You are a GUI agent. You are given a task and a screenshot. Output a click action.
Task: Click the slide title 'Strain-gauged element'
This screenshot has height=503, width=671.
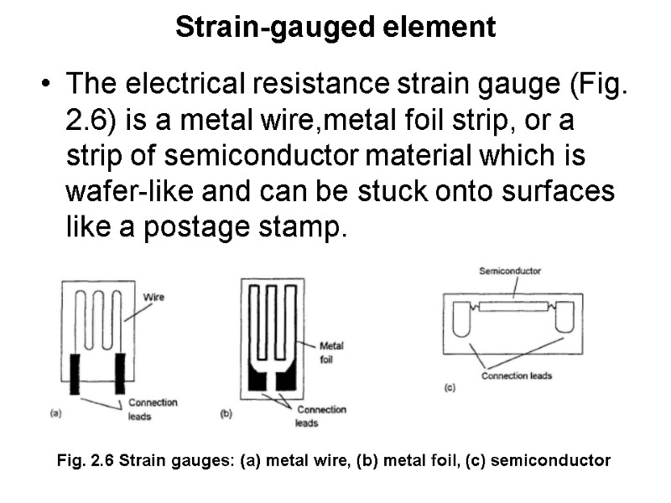click(x=335, y=28)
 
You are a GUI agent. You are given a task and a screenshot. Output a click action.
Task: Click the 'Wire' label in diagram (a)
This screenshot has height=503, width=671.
click(x=154, y=297)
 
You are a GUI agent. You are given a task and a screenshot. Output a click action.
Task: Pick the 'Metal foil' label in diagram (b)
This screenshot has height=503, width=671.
click(x=332, y=352)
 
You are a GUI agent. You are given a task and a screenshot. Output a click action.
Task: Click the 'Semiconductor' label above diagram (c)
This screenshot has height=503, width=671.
click(x=509, y=271)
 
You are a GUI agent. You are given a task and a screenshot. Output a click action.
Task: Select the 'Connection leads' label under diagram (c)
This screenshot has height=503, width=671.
click(x=517, y=376)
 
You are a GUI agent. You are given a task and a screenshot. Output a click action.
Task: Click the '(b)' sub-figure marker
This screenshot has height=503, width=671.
click(x=226, y=414)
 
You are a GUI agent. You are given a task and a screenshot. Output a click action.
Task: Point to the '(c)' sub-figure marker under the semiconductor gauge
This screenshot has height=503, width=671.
click(x=450, y=387)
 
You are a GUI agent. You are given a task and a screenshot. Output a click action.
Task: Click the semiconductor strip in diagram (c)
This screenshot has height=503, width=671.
click(x=513, y=306)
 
